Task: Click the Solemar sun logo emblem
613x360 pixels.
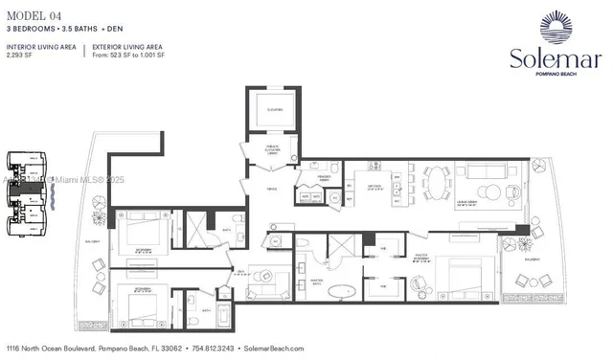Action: (x=556, y=26)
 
